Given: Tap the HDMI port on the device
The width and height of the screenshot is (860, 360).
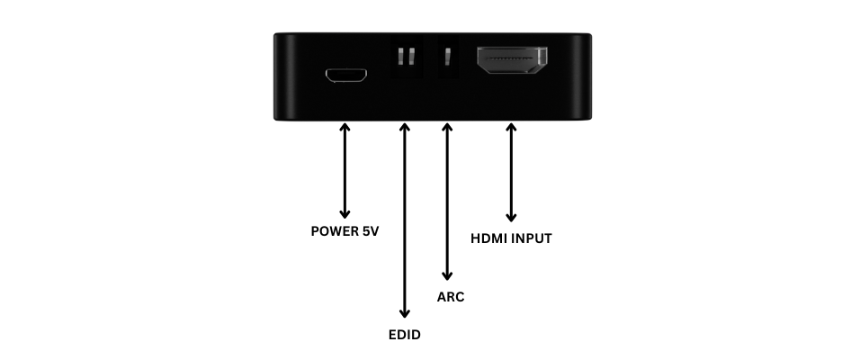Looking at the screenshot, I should tap(512, 62).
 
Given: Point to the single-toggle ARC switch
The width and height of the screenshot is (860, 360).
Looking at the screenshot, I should tap(446, 58).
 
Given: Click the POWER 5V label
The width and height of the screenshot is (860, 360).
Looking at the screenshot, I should tap(345, 230).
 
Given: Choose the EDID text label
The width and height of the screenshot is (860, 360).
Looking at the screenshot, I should tap(404, 336).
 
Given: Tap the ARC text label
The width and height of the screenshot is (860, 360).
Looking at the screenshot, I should tap(450, 296).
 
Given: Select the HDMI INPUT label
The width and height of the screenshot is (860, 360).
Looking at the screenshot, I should tap(511, 238).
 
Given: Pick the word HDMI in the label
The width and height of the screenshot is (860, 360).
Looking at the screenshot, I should tap(489, 238).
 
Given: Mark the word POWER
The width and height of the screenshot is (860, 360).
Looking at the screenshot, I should tap(333, 230).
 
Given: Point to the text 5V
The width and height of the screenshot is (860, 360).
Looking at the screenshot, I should tap(369, 230).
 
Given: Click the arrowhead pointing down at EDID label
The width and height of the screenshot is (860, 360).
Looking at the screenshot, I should tap(404, 313).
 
